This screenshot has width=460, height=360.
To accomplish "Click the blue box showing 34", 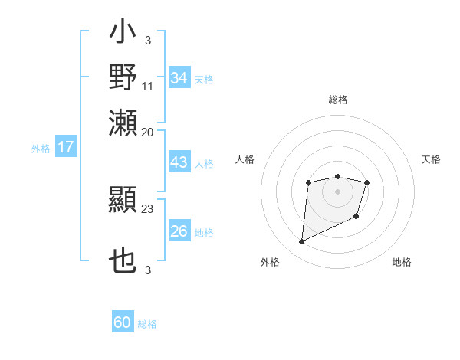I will click(x=179, y=78).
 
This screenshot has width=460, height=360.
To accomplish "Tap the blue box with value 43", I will click(x=179, y=163).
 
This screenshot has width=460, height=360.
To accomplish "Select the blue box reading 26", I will click(x=179, y=231).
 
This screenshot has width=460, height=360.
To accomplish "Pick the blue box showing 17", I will click(x=66, y=147).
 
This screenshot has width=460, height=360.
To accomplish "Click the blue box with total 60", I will click(x=123, y=322).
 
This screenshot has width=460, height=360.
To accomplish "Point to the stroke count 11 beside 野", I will click(x=148, y=85).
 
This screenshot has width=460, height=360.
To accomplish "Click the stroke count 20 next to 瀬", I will click(x=148, y=132).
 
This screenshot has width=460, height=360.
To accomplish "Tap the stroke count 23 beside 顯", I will click(x=148, y=208).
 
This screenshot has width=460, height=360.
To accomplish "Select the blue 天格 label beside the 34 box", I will click(x=204, y=79).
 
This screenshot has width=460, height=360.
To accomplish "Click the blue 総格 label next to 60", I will click(x=147, y=324).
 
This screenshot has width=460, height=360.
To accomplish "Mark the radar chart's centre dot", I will click(x=337, y=191).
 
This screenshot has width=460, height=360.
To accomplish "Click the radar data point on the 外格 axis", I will click(x=301, y=242).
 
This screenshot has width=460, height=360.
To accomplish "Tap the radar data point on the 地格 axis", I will click(x=356, y=218).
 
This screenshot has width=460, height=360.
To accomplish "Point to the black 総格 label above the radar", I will click(x=337, y=100).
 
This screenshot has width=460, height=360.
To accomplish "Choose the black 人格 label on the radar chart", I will click(x=245, y=159).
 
